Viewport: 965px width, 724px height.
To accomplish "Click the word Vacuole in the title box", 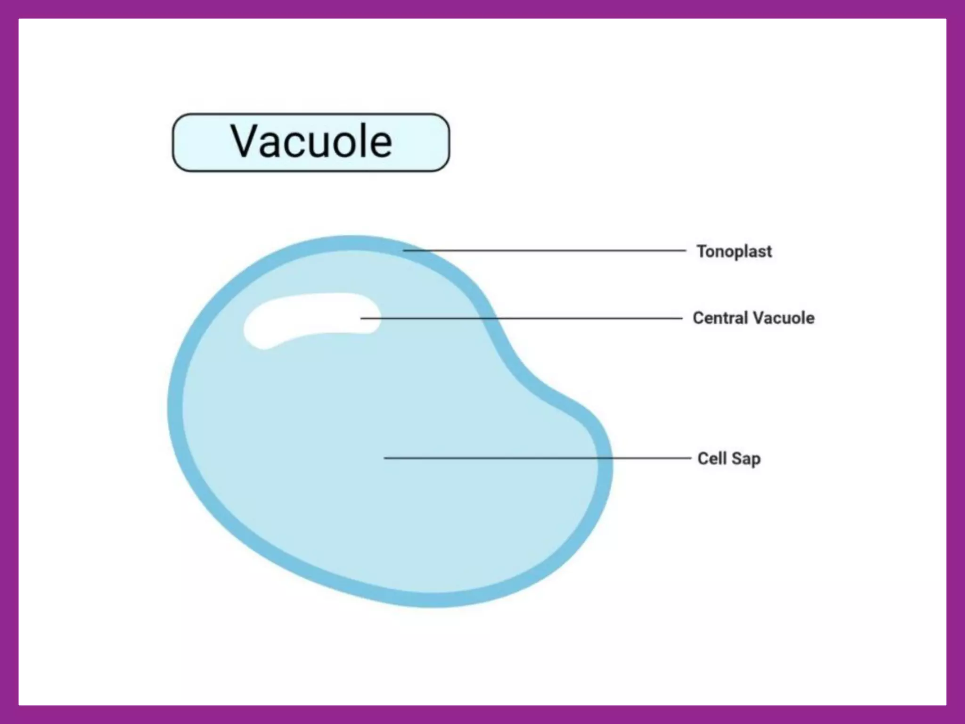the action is pyautogui.click(x=311, y=141).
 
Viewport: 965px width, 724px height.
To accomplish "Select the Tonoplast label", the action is pyautogui.click(x=734, y=251).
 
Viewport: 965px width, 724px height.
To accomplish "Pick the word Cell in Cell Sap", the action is pyautogui.click(x=712, y=458).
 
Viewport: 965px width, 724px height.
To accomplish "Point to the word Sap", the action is pyautogui.click(x=746, y=459).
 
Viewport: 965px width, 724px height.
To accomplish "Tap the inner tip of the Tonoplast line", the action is pyautogui.click(x=404, y=250).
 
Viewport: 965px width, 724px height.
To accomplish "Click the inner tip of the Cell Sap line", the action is pyautogui.click(x=385, y=458).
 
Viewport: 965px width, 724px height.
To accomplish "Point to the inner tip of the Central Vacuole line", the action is pyautogui.click(x=362, y=318).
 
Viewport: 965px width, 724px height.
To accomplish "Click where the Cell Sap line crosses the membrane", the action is pyautogui.click(x=605, y=458).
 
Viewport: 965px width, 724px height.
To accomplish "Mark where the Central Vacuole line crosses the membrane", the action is pyautogui.click(x=488, y=318).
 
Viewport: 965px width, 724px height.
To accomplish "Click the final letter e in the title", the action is pyautogui.click(x=381, y=143).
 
